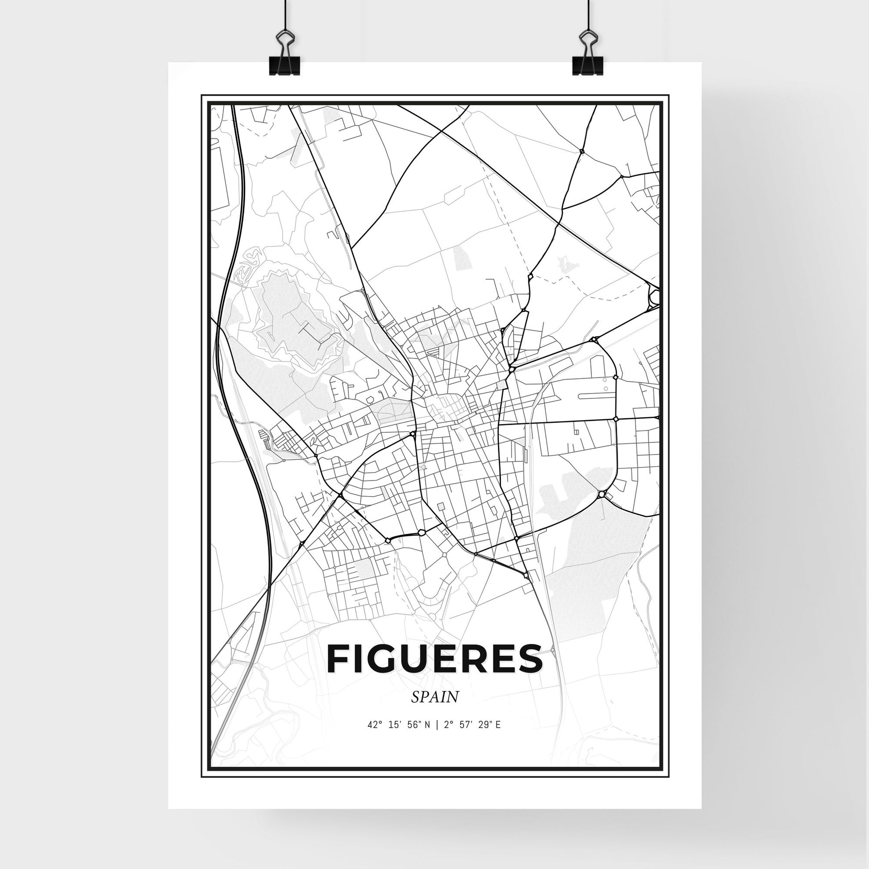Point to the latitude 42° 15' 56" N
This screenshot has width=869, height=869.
pos(399,737)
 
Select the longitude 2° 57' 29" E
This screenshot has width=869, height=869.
pos(472,737)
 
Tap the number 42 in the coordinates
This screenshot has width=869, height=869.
pos(372,737)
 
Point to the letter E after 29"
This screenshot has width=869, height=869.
pos(498,737)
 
